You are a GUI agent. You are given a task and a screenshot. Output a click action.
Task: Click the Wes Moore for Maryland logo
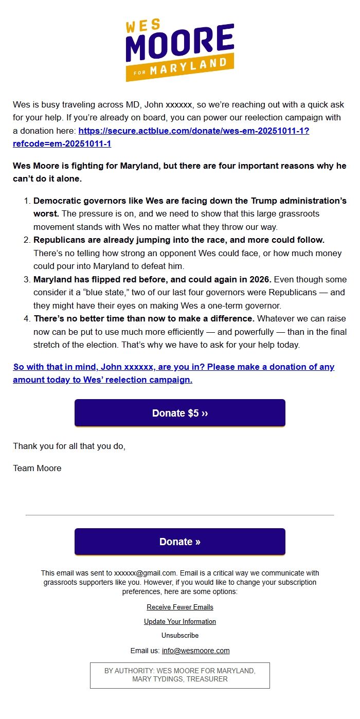(x=179, y=49)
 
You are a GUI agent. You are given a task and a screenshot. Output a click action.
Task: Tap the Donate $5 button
(x=179, y=413)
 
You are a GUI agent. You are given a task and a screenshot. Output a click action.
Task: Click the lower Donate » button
(x=179, y=542)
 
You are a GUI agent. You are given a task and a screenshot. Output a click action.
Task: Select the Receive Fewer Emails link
(x=179, y=607)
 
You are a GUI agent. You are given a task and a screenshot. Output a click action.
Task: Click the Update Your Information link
(x=179, y=621)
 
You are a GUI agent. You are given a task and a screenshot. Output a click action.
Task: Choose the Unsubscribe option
(x=179, y=635)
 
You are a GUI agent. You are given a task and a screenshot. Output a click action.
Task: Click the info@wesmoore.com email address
(x=195, y=651)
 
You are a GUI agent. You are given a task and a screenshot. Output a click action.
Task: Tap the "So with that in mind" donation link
(x=173, y=373)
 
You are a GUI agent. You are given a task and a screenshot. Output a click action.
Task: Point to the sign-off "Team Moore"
(x=37, y=468)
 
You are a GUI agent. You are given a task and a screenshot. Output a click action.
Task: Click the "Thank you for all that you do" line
(x=69, y=446)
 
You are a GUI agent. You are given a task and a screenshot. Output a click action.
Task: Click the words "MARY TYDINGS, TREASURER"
(x=179, y=679)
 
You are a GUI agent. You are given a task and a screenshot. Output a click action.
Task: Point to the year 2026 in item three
(x=260, y=280)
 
